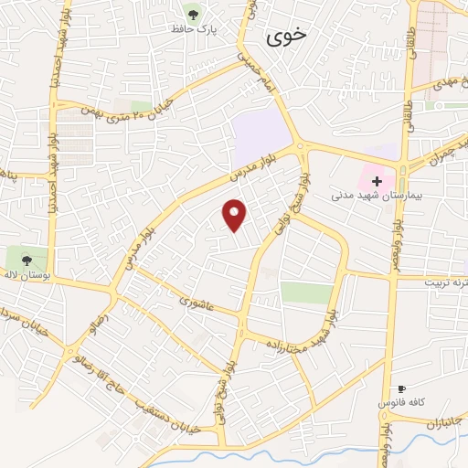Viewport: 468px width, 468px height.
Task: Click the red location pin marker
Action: pos(235,215)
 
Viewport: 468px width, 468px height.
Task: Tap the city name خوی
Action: pos(286,37)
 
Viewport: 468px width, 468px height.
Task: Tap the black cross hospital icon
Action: pos(377,181)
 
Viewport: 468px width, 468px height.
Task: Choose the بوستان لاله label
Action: pos(23,275)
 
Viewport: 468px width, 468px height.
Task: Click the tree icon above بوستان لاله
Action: pos(25,259)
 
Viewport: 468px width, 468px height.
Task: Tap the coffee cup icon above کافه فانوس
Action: pos(401,388)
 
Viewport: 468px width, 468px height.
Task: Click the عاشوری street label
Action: pos(197,302)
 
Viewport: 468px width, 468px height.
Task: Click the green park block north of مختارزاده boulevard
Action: pos(306,292)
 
